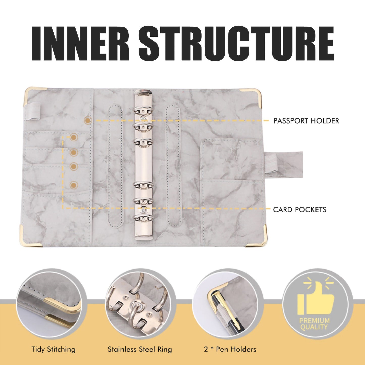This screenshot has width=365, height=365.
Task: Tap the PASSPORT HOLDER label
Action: pos(306,121)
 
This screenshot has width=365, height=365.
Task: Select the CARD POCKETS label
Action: pos(300,210)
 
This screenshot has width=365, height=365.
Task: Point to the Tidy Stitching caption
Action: pos(53,349)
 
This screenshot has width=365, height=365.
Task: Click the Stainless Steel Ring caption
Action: pos(140,349)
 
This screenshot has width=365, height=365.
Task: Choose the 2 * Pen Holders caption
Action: pos(230,349)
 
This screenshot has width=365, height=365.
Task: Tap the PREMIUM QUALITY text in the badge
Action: pos(314,324)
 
